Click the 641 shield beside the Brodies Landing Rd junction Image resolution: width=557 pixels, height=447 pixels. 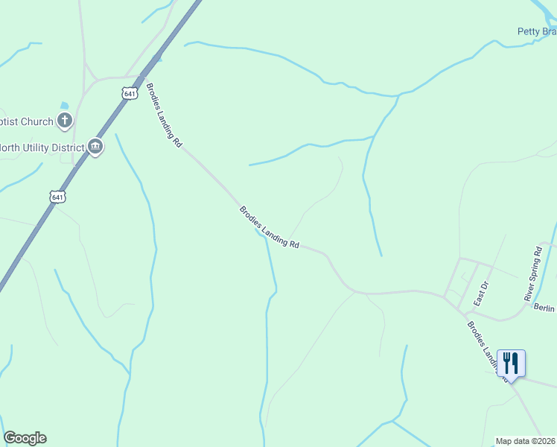(x=130, y=93)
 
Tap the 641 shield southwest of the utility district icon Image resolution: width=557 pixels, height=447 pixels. (x=58, y=197)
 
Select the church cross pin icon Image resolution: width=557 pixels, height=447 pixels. (x=66, y=120)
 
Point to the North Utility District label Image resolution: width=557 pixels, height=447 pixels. (x=40, y=148)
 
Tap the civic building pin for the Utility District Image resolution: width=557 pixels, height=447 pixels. (x=95, y=147)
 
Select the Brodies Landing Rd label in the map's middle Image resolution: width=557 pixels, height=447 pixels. (x=269, y=227)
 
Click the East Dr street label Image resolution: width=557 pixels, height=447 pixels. (x=480, y=294)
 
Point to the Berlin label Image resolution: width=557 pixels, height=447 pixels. (x=544, y=308)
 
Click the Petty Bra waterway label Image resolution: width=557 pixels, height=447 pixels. (x=537, y=31)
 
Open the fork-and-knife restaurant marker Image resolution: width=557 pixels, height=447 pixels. (x=511, y=364)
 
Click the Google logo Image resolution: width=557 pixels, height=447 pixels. (x=25, y=438)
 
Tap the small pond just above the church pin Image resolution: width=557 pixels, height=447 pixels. (x=64, y=106)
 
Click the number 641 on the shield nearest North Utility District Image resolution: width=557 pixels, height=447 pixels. (x=58, y=197)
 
